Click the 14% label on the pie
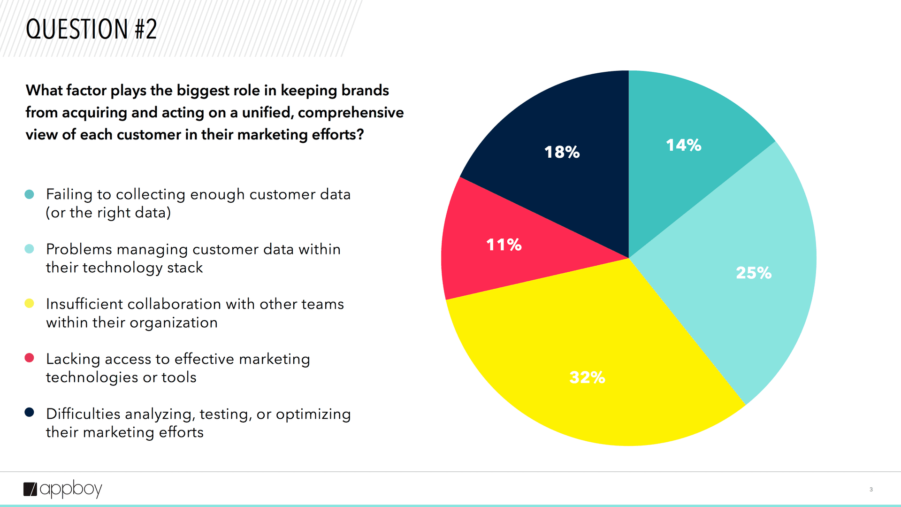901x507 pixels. pyautogui.click(x=683, y=145)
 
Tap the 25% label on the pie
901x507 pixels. pyautogui.click(x=753, y=273)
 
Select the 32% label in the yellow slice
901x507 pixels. pyautogui.click(x=587, y=377)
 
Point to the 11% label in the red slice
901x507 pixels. pyautogui.click(x=504, y=245)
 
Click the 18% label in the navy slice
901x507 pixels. pyautogui.click(x=562, y=152)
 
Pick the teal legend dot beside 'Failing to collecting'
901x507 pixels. pyautogui.click(x=29, y=194)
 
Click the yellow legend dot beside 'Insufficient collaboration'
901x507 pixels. pyautogui.click(x=29, y=303)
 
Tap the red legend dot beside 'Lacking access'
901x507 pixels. pyautogui.click(x=29, y=358)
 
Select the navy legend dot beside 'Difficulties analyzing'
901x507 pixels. pyautogui.click(x=29, y=412)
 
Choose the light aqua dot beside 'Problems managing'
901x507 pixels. pyautogui.click(x=29, y=249)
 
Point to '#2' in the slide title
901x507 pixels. pyautogui.click(x=146, y=29)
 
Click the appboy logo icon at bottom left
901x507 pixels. pyautogui.click(x=30, y=489)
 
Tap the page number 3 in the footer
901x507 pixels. pyautogui.click(x=871, y=489)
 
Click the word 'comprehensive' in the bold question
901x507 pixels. pyautogui.click(x=351, y=113)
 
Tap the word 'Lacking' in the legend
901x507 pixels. pyautogui.click(x=73, y=359)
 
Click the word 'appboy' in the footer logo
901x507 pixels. pyautogui.click(x=71, y=489)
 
